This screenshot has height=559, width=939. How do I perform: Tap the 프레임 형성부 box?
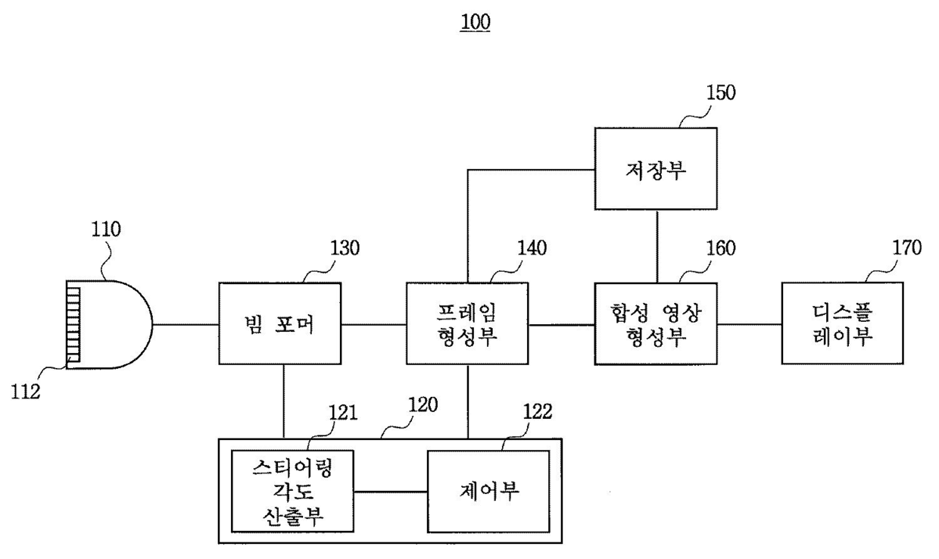point(467,324)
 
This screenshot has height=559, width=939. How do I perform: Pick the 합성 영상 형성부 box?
point(656,324)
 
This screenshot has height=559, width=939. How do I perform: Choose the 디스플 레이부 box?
point(843,324)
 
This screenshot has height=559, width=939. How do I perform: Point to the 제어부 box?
point(488,490)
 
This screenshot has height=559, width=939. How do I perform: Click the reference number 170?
point(906,248)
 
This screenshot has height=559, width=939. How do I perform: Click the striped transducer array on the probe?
point(73,324)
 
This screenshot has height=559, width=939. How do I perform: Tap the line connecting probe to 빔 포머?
point(186,325)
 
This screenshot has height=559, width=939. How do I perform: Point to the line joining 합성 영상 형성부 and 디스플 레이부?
point(750,324)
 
